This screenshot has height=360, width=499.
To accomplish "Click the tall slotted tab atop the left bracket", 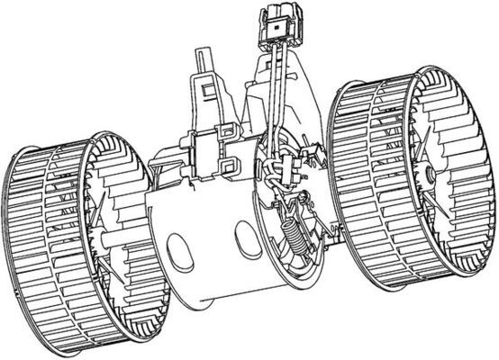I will point(203,67).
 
